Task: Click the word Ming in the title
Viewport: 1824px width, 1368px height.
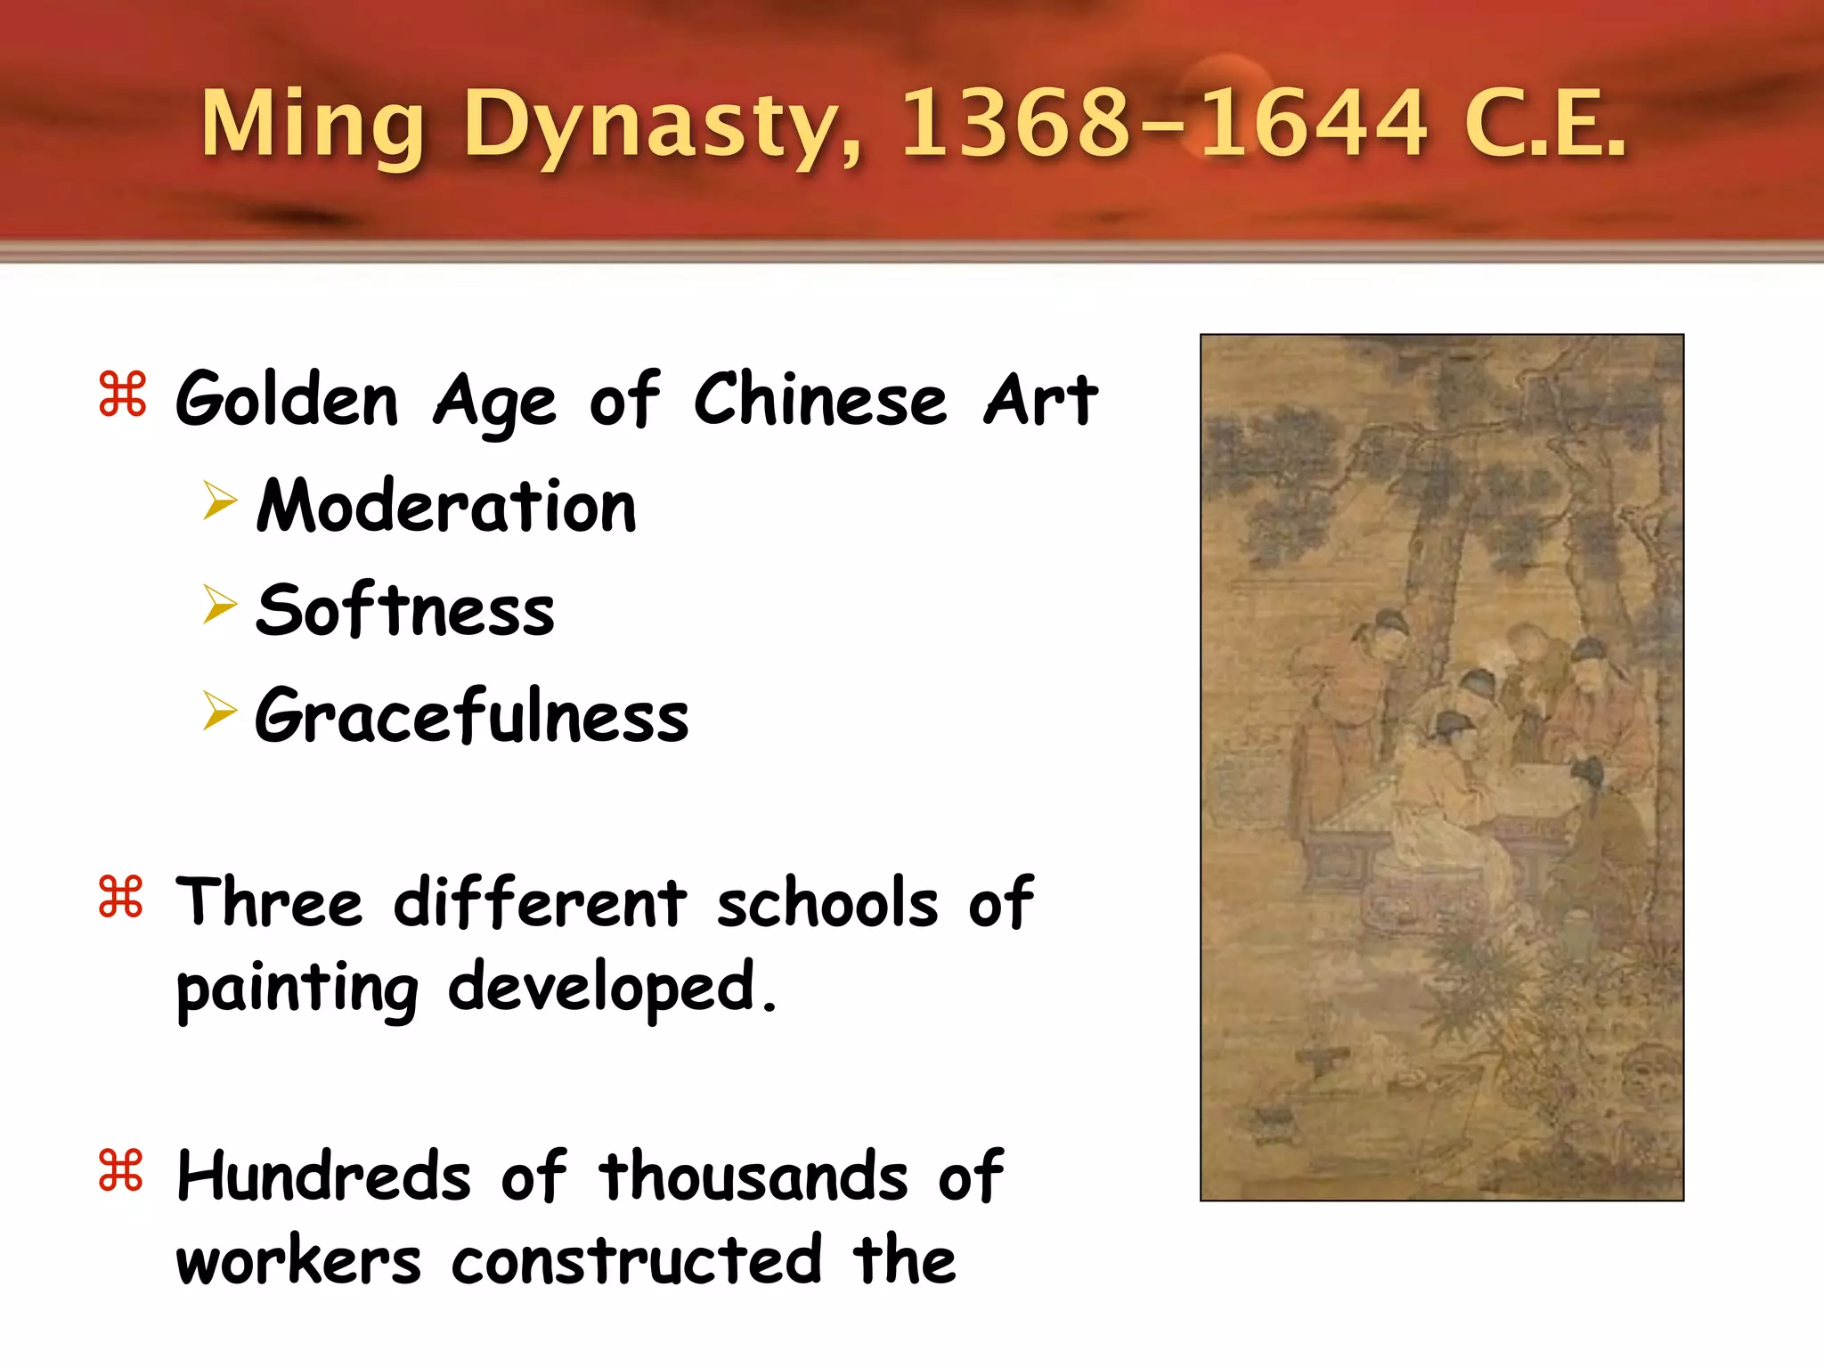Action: (x=312, y=125)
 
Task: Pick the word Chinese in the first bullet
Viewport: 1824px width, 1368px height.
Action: (x=820, y=400)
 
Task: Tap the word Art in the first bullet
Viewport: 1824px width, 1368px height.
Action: (x=1040, y=400)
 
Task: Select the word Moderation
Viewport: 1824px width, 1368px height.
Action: (x=446, y=506)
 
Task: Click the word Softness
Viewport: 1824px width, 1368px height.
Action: (x=405, y=611)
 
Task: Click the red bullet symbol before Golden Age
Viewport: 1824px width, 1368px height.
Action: (x=122, y=395)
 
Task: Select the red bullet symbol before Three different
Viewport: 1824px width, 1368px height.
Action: (x=121, y=897)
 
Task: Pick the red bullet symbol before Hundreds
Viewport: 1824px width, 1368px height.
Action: (x=121, y=1170)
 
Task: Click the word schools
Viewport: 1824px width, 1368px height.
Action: (x=827, y=903)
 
